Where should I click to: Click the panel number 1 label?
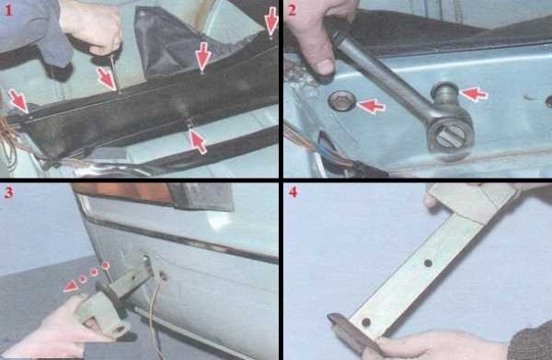click(8, 10)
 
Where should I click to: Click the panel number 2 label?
click(292, 10)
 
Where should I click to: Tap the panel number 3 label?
click(8, 192)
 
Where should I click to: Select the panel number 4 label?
click(293, 192)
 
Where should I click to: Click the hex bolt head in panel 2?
click(340, 101)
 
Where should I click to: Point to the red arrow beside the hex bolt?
click(371, 106)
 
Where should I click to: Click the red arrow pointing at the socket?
click(474, 95)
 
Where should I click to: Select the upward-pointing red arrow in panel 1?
click(198, 140)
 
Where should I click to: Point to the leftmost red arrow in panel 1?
click(18, 100)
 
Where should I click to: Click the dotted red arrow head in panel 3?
click(71, 286)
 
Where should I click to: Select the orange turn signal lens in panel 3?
click(124, 194)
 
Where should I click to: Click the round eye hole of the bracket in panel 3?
click(119, 330)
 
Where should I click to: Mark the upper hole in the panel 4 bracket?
click(428, 262)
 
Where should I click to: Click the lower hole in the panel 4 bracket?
click(366, 322)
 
